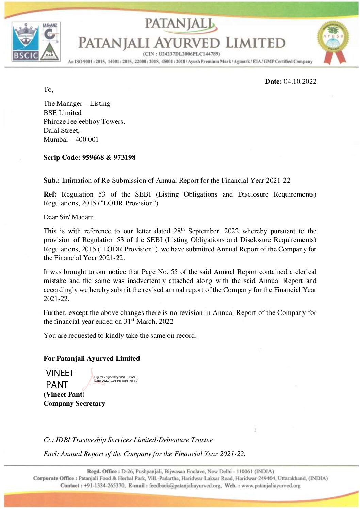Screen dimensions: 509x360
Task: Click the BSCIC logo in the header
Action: (x=26, y=42)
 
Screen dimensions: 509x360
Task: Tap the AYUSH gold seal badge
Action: (x=333, y=40)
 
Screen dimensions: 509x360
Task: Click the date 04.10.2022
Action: (x=300, y=81)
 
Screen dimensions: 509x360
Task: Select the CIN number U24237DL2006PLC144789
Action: (x=189, y=54)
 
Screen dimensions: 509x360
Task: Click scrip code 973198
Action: (x=125, y=157)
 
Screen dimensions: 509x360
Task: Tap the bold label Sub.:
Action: (x=51, y=180)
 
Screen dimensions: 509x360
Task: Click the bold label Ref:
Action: (x=50, y=194)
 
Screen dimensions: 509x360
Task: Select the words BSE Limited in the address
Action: (x=62, y=113)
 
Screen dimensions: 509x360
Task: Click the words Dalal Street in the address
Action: (x=61, y=130)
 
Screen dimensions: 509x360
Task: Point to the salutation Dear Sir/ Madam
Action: (x=69, y=217)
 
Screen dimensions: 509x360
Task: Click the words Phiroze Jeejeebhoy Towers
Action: (x=84, y=121)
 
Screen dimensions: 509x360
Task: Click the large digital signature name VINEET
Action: (x=60, y=373)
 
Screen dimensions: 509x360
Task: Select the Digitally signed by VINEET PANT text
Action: (x=115, y=377)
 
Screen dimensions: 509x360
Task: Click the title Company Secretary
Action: (x=74, y=403)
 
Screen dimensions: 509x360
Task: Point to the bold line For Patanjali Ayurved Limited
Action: (x=92, y=358)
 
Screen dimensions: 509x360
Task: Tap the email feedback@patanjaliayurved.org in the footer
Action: (x=185, y=486)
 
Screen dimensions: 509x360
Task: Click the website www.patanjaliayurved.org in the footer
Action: (x=271, y=486)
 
